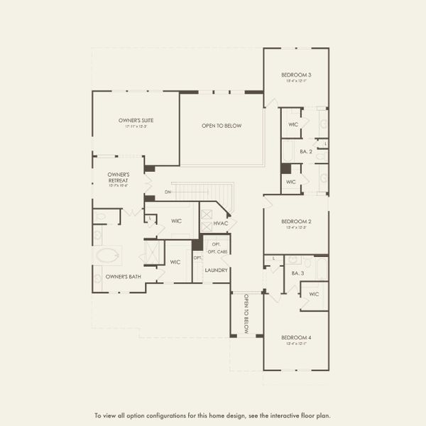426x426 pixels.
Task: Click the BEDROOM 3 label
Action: pyautogui.click(x=295, y=75)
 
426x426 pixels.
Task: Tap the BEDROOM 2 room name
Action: pyautogui.click(x=295, y=222)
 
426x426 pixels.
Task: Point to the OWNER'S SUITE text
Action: pyautogui.click(x=136, y=121)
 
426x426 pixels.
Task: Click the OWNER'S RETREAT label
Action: pyautogui.click(x=118, y=177)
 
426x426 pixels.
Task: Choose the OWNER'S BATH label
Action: pyautogui.click(x=121, y=276)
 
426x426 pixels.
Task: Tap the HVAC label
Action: pyautogui.click(x=221, y=224)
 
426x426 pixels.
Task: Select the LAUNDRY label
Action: pyautogui.click(x=216, y=271)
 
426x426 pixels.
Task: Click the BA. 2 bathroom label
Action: pyautogui.click(x=306, y=152)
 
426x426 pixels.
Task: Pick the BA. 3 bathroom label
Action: pyautogui.click(x=297, y=273)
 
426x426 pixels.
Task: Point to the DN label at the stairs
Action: pyautogui.click(x=168, y=192)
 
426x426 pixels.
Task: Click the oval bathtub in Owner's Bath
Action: pyautogui.click(x=108, y=256)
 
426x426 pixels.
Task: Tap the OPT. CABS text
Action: pyautogui.click(x=217, y=252)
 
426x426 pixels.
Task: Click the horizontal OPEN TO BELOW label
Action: pyautogui.click(x=222, y=126)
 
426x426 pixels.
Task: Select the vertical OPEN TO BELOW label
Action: pyautogui.click(x=246, y=314)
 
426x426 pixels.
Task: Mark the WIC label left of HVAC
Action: pyautogui.click(x=176, y=221)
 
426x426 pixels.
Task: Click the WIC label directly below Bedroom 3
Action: pyautogui.click(x=293, y=124)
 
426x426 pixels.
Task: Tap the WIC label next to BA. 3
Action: pyautogui.click(x=314, y=294)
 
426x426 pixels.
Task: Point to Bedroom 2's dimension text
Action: pyautogui.click(x=295, y=228)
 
